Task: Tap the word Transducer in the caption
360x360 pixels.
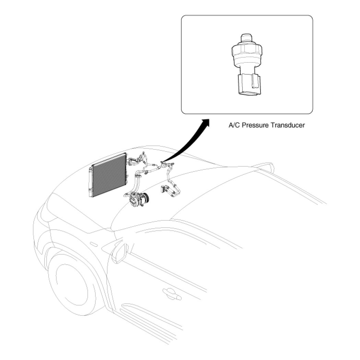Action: point(288,125)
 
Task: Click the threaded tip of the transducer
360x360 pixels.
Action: point(247,38)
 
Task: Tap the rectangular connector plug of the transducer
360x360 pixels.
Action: point(249,84)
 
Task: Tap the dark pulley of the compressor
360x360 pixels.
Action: point(145,199)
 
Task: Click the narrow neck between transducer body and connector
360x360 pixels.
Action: point(247,69)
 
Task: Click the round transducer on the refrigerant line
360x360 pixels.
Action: point(164,164)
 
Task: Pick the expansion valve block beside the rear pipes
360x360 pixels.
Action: point(164,189)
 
